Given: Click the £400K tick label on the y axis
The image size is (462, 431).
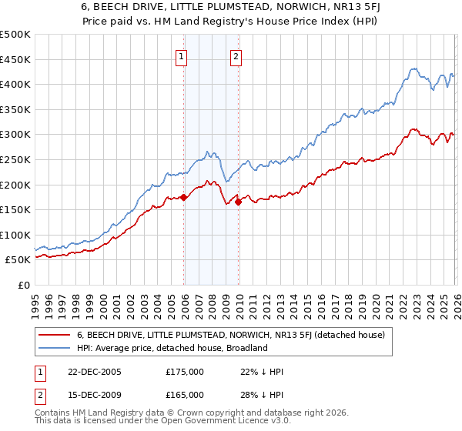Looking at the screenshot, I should tap(15, 85).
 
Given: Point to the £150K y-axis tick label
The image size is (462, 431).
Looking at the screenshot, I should tap(15, 209).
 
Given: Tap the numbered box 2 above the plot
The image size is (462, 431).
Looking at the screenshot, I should tap(236, 55).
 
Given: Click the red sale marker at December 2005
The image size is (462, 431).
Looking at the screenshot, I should tap(184, 198).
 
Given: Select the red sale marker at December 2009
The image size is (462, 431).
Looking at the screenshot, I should tap(238, 202).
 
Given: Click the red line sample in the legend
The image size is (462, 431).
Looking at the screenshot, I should tap(55, 335).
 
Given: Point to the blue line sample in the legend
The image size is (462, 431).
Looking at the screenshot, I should tap(55, 348).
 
